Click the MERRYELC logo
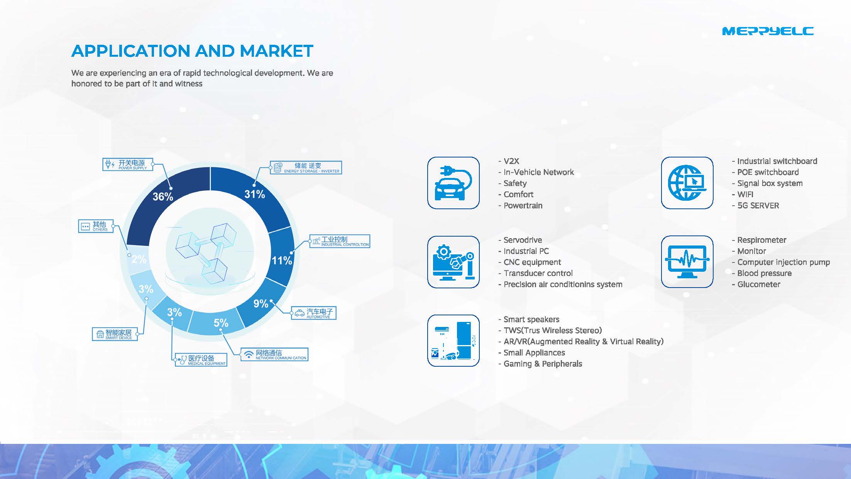coord(768,31)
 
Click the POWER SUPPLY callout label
coord(128,164)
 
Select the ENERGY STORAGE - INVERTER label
coord(306,168)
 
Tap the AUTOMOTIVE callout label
coord(313,313)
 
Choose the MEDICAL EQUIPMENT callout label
coord(201,360)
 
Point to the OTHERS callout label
coord(96,226)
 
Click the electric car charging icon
coord(453,183)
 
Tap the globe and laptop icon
coord(687,183)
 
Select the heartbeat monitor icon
coord(687,262)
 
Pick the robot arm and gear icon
coord(453,262)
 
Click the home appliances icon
coord(453,340)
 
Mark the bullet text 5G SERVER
coord(758,206)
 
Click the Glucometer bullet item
coord(759,284)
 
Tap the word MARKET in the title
coord(276,51)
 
